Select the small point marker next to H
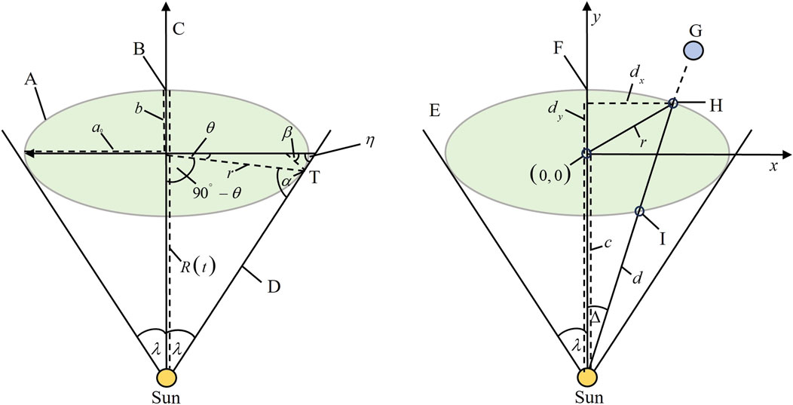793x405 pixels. pos(673,103)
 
